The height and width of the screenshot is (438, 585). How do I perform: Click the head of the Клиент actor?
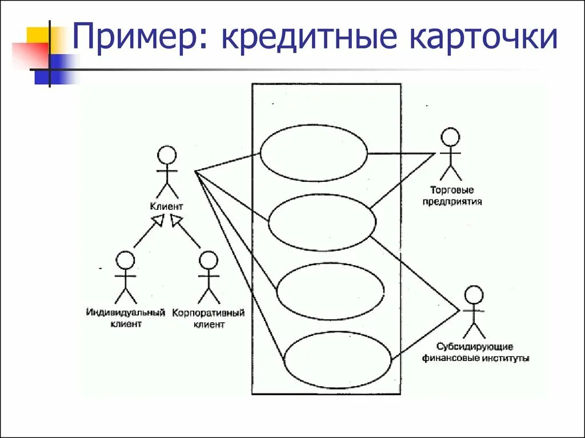coord(167,156)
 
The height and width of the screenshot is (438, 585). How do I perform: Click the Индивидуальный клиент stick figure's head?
coord(125,261)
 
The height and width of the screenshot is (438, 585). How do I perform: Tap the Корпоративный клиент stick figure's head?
coord(209,261)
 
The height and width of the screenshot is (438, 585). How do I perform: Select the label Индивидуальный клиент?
coord(126,318)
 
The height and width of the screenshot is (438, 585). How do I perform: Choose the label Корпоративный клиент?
coord(209,319)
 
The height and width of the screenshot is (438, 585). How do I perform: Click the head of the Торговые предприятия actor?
coord(450,137)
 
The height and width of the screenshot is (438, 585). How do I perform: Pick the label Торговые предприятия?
coord(451,196)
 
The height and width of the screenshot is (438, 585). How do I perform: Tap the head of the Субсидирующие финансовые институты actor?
coord(474,295)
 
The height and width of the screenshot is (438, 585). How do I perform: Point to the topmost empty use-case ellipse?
coord(314,153)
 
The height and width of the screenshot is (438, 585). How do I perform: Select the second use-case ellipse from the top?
coord(322,222)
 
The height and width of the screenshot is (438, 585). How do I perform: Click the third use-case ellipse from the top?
coord(330,291)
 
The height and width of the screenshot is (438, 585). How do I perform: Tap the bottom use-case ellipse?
coord(338,359)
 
